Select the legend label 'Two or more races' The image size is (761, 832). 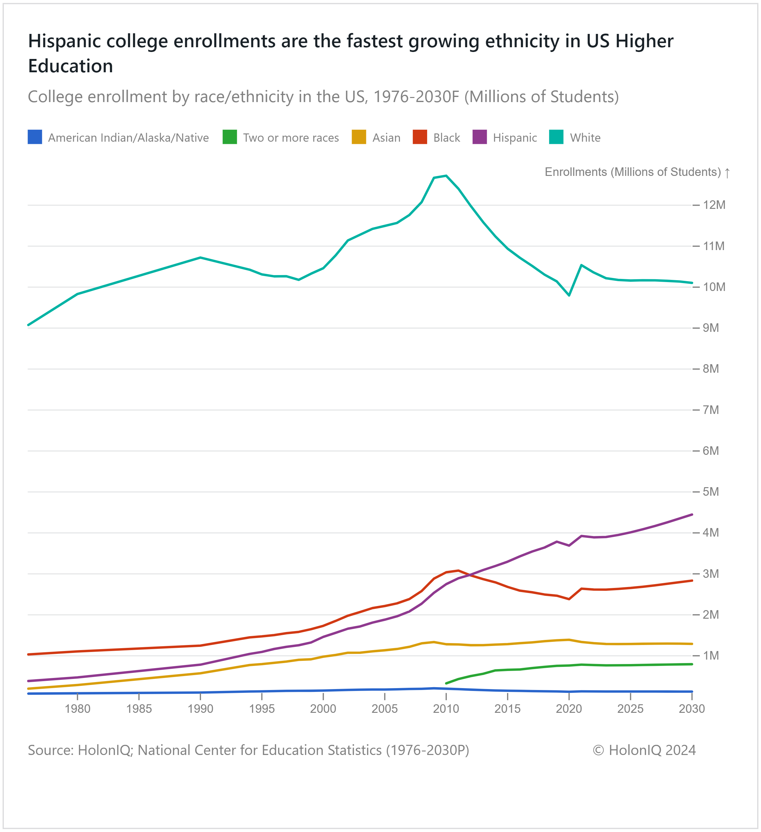(x=291, y=138)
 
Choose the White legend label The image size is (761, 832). (x=585, y=138)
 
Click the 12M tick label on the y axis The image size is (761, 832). (x=714, y=205)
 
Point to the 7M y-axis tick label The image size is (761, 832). (x=711, y=410)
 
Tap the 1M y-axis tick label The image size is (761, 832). (x=711, y=656)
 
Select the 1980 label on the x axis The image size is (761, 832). (x=78, y=709)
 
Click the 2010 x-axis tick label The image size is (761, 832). (x=446, y=709)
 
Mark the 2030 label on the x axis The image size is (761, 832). (x=692, y=709)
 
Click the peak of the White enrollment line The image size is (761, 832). (x=446, y=176)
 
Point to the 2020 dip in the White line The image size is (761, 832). (x=569, y=295)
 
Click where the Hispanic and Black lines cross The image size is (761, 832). (x=470, y=575)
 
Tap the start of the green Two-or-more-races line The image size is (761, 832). (x=446, y=683)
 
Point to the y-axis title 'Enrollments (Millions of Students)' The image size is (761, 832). (x=633, y=172)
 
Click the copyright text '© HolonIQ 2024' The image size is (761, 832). (x=644, y=750)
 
